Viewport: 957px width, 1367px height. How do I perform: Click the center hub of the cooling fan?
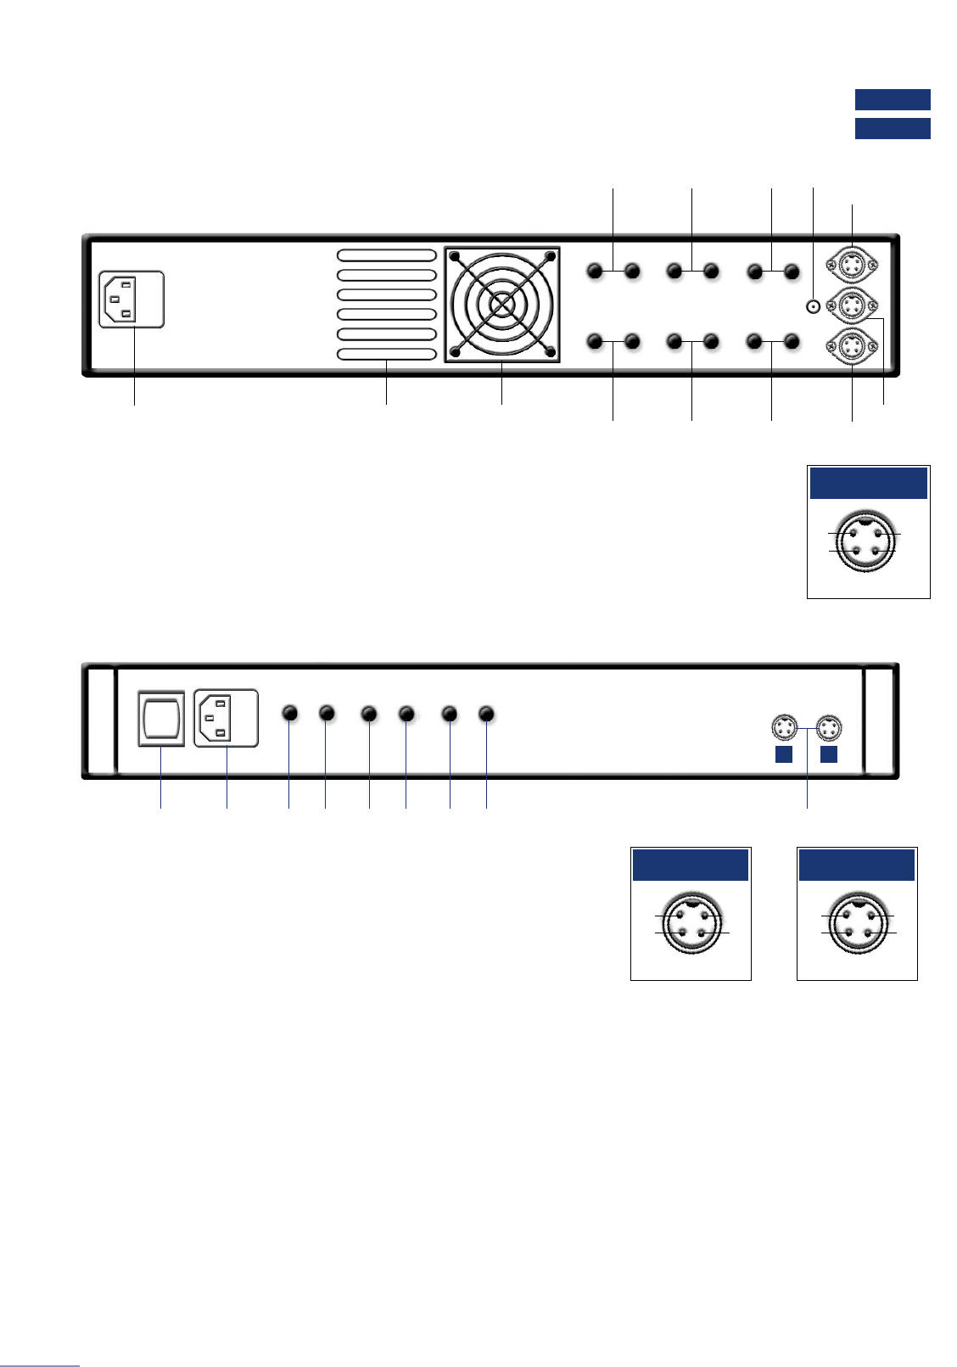pos(501,304)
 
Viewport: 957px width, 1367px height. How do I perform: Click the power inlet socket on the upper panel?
pos(132,299)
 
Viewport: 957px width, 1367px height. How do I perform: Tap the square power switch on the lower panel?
pos(161,719)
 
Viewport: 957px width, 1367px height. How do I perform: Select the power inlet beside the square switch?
pos(226,718)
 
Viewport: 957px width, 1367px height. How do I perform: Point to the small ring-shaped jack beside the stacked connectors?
pos(814,307)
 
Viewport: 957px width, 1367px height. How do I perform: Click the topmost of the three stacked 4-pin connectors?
pos(852,261)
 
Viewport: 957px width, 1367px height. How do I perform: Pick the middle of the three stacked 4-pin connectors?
pos(852,304)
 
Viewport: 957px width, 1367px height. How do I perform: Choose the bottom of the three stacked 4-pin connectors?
pos(852,346)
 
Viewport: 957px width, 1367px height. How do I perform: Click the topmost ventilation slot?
pos(387,255)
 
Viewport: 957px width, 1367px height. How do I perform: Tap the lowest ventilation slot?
pos(387,355)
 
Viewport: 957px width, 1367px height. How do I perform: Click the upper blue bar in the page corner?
pos(893,99)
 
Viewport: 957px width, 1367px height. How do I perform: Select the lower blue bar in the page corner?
pos(893,128)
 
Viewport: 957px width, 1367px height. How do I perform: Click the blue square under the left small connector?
pos(784,754)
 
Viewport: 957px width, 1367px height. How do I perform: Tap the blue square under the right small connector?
pos(829,754)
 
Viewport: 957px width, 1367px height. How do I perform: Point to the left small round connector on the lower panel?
pos(784,728)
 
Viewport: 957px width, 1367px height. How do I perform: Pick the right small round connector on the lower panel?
pos(828,728)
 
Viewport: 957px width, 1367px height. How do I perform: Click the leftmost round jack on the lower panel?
pos(290,713)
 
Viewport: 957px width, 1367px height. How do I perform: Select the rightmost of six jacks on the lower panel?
pos(486,714)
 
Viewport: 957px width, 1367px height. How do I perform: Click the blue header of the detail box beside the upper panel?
pos(868,483)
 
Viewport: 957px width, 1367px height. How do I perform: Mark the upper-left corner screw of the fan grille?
pos(455,256)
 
